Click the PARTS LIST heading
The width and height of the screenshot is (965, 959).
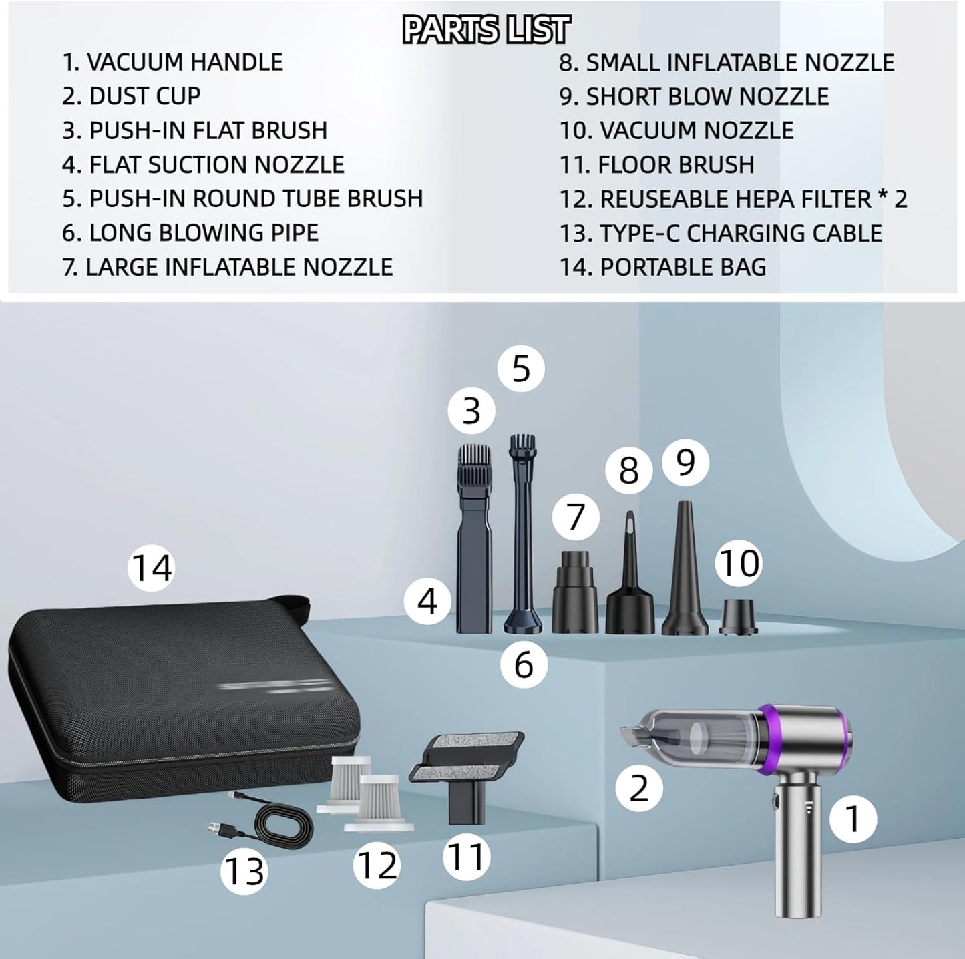[486, 30]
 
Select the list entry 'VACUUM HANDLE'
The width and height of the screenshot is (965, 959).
[172, 62]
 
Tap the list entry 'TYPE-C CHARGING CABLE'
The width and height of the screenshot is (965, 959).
[721, 233]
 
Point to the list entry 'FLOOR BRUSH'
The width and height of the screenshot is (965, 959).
[656, 164]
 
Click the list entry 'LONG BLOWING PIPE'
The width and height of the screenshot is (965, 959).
[190, 232]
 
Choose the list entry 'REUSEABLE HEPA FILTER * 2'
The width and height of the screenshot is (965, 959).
[733, 199]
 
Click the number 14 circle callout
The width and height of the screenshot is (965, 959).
[151, 568]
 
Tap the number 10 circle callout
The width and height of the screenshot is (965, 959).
[739, 563]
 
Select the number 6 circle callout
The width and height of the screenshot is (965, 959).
[524, 664]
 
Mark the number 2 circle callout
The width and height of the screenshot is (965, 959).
[639, 787]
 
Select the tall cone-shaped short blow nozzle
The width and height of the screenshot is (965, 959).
[685, 574]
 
